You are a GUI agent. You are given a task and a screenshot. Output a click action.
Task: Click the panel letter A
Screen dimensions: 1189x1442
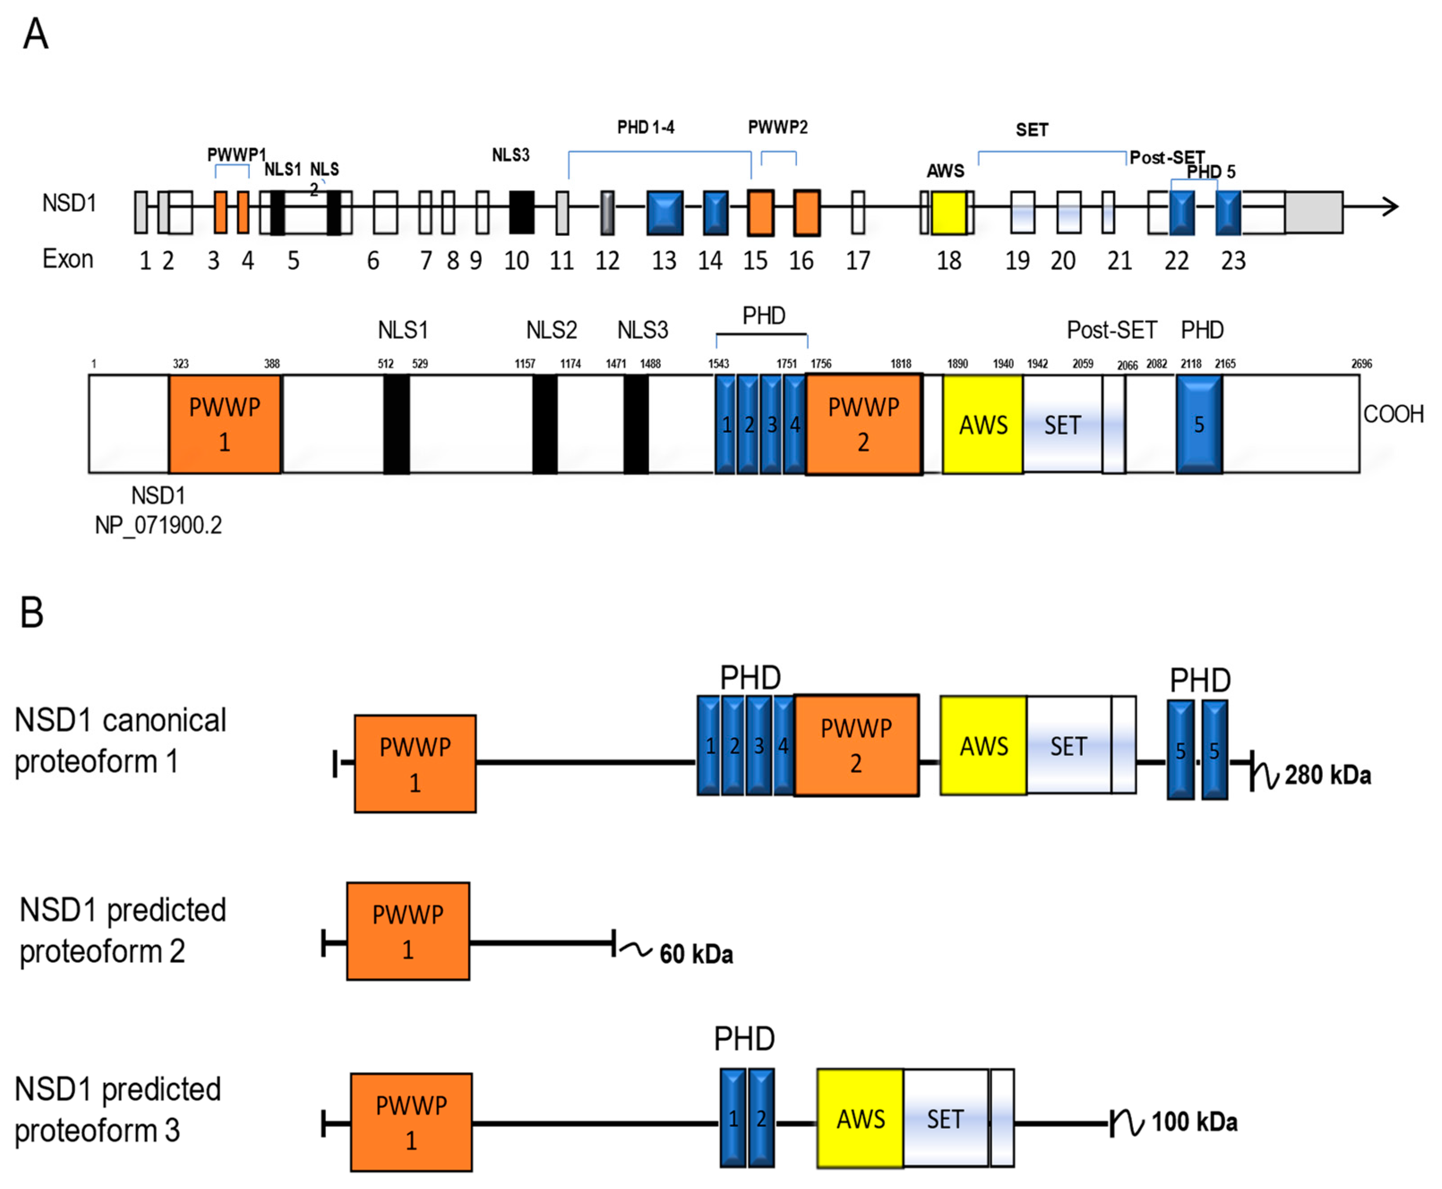pyautogui.click(x=36, y=34)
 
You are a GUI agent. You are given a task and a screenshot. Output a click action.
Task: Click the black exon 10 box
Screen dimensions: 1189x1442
pyautogui.click(x=521, y=212)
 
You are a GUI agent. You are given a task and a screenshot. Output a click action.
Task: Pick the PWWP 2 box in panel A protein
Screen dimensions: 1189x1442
pyautogui.click(x=863, y=424)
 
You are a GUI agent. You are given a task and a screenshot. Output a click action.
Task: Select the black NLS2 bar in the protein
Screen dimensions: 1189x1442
pyautogui.click(x=545, y=424)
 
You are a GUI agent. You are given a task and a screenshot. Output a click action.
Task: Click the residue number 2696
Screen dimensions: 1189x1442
pyautogui.click(x=1361, y=364)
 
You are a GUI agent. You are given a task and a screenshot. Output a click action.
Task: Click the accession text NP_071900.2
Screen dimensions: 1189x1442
pyautogui.click(x=158, y=525)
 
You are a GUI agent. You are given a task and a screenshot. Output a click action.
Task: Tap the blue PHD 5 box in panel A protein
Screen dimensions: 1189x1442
pyautogui.click(x=1199, y=424)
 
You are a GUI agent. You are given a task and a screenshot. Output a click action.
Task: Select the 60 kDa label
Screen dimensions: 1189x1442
pyautogui.click(x=695, y=954)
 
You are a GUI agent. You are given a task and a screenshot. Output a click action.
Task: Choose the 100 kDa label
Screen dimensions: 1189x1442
pyautogui.click(x=1194, y=1121)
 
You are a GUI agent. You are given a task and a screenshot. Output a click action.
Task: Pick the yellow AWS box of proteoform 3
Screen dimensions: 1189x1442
pyautogui.click(x=860, y=1118)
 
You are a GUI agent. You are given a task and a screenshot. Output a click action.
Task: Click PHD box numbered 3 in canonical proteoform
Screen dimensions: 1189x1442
pyautogui.click(x=758, y=745)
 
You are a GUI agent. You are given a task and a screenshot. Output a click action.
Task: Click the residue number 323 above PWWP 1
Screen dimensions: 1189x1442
pyautogui.click(x=180, y=364)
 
